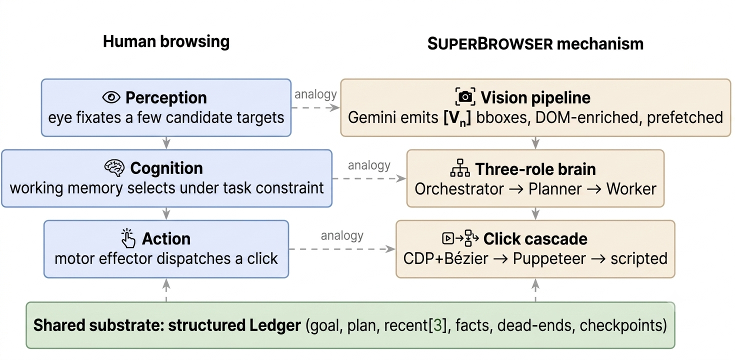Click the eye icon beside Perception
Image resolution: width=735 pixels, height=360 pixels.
[111, 97]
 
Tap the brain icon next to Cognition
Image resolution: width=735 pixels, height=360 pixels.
[114, 168]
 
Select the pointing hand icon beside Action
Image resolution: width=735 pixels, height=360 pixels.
[128, 238]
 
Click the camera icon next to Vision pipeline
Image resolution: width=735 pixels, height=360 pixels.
[465, 97]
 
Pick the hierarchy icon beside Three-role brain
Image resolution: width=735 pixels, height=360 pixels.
[459, 168]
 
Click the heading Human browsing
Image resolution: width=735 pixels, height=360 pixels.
[166, 41]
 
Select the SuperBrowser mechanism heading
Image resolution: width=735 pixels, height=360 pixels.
[535, 44]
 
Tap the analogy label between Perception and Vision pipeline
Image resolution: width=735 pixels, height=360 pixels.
[315, 94]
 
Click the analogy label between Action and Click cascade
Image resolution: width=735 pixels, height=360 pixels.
[342, 235]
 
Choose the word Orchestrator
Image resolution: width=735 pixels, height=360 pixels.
[459, 189]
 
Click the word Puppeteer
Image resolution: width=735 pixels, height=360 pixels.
[549, 258]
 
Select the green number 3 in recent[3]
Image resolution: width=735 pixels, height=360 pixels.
[437, 325]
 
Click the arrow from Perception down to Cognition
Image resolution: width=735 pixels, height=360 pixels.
[166, 143]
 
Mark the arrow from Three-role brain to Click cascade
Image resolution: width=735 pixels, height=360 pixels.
[535, 213]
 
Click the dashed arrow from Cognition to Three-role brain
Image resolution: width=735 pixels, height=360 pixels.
[369, 178]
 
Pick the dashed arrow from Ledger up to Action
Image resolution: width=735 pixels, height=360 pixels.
[166, 290]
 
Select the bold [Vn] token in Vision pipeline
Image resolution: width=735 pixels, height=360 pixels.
[457, 118]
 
